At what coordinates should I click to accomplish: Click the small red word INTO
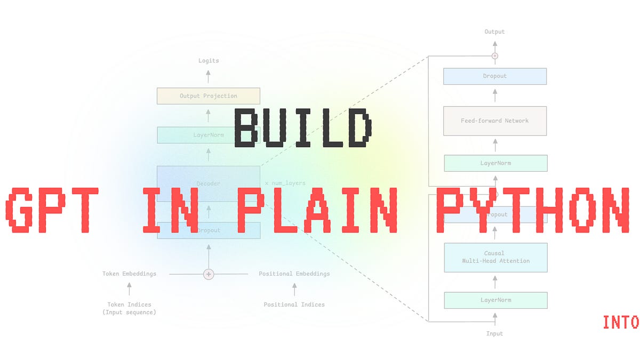620,322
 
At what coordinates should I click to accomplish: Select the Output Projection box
208,96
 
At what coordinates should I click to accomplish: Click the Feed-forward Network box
495,121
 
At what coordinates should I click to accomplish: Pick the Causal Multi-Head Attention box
495,257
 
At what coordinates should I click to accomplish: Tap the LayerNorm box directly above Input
495,300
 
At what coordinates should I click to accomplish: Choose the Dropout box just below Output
495,76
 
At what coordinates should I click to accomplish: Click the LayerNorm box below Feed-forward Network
495,163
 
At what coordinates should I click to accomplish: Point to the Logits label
208,61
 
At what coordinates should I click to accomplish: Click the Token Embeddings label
129,274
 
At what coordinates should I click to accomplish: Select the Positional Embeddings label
294,274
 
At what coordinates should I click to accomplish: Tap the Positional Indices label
294,305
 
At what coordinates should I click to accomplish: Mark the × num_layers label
285,183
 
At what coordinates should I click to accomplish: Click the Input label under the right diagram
494,333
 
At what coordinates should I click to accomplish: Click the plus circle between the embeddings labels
209,274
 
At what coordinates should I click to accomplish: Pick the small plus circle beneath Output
494,55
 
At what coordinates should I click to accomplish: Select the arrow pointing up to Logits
208,75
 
